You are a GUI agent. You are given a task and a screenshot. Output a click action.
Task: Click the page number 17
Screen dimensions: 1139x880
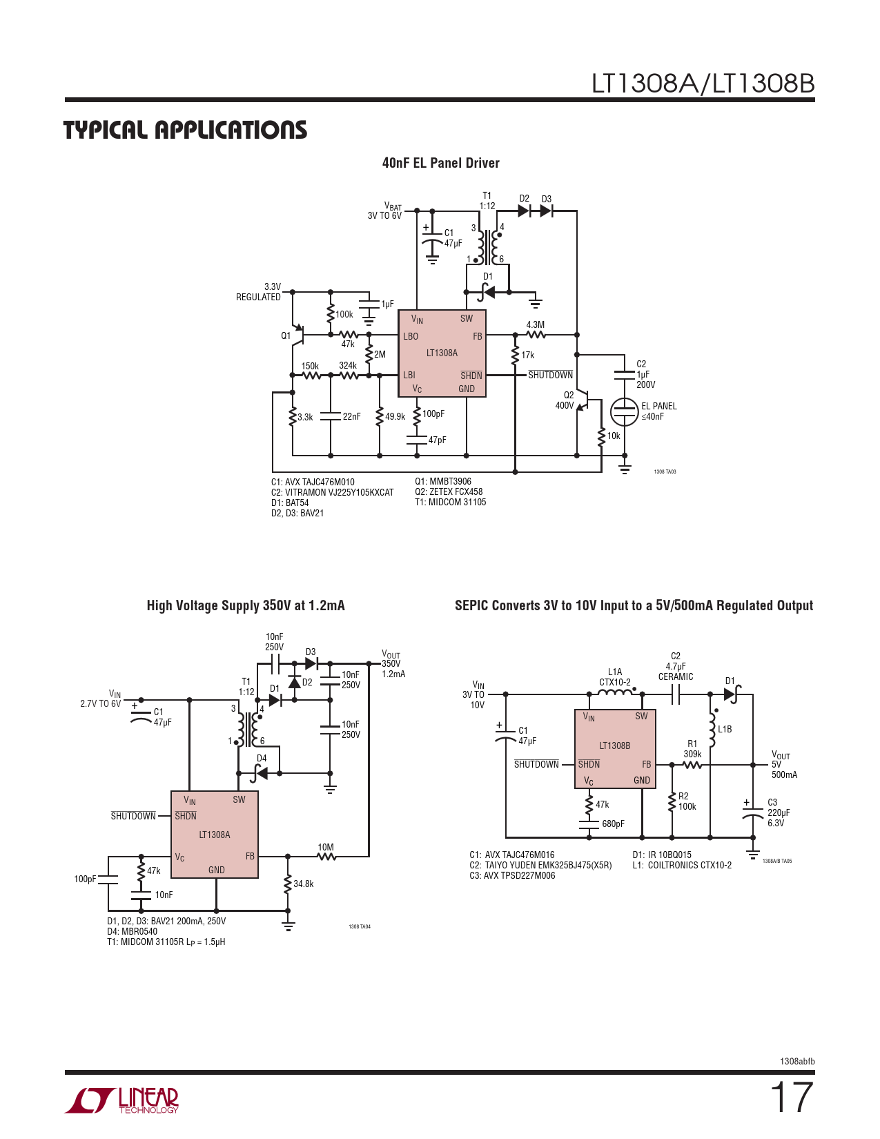point(791,1098)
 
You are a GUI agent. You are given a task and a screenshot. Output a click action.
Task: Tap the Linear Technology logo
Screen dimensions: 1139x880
point(122,1100)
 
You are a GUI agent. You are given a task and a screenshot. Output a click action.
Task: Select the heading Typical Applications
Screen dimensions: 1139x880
point(185,130)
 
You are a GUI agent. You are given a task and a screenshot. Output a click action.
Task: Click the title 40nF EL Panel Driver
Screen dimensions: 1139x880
point(440,163)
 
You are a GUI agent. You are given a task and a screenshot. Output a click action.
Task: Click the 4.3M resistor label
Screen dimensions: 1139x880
point(535,324)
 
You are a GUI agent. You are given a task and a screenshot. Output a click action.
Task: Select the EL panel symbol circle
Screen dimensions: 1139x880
point(625,411)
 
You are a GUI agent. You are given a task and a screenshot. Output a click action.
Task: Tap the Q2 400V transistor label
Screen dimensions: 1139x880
point(565,400)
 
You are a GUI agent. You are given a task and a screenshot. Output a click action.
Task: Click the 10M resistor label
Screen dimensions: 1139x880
point(326,847)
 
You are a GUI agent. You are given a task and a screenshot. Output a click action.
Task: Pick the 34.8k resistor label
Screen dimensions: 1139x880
point(304,884)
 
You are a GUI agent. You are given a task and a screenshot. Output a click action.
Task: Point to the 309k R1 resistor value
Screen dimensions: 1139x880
point(692,754)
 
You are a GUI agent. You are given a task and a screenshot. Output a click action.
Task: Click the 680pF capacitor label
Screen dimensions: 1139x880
point(613,824)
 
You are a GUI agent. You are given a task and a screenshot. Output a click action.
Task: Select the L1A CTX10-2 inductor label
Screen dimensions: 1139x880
point(615,677)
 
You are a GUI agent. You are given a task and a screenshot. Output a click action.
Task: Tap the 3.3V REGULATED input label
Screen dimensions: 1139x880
point(260,292)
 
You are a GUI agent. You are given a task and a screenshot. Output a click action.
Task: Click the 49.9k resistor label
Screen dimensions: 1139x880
point(395,417)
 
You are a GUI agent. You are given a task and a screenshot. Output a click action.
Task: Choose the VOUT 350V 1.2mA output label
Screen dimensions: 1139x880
point(393,664)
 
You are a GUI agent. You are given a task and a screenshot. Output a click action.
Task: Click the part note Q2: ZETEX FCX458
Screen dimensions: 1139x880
point(449,492)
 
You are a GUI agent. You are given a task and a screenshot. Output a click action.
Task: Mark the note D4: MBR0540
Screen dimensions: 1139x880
point(132,931)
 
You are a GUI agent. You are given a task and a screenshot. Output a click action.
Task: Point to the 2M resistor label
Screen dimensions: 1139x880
point(380,354)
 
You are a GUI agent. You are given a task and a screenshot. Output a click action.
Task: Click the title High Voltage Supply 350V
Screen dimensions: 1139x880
point(246,605)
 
